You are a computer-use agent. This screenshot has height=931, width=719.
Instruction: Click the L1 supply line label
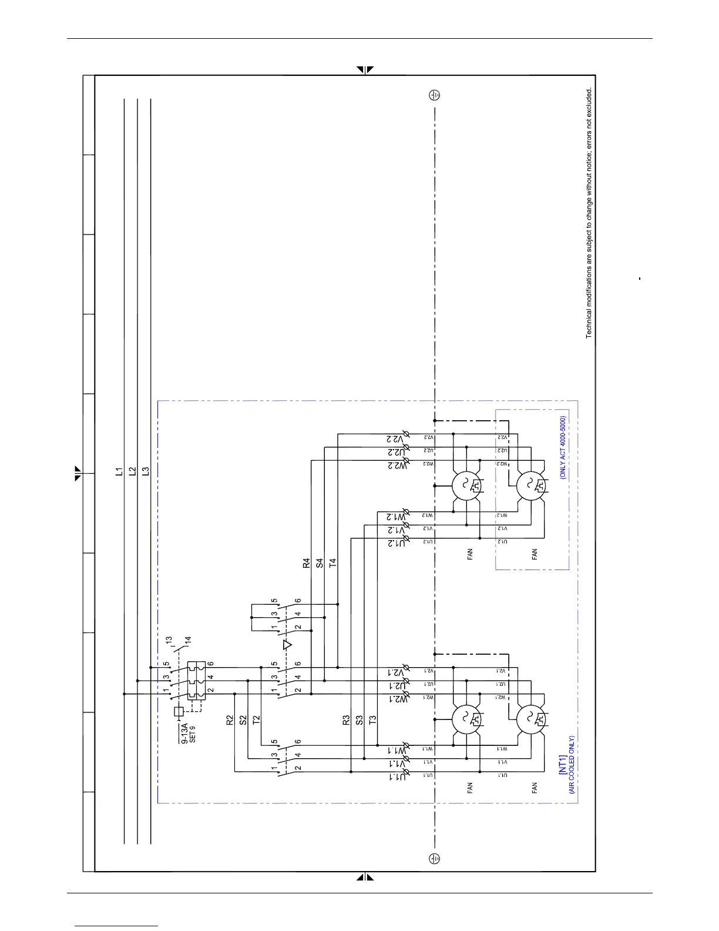pyautogui.click(x=119, y=471)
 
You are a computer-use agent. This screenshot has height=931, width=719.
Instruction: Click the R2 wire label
pyautogui.click(x=230, y=719)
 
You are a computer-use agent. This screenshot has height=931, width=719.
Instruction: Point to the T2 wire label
pyautogui.click(x=256, y=719)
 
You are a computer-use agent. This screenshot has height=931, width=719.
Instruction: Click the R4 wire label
pyautogui.click(x=306, y=563)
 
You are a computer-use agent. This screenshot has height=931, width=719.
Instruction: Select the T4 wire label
pyautogui.click(x=332, y=563)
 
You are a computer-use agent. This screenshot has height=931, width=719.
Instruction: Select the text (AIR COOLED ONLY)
pyautogui.click(x=571, y=765)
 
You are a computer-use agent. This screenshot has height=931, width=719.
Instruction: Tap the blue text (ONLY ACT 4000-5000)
pyautogui.click(x=562, y=448)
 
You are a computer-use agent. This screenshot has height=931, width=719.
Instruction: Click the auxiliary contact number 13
pyautogui.click(x=169, y=640)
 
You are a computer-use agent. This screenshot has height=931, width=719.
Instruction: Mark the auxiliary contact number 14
pyautogui.click(x=187, y=642)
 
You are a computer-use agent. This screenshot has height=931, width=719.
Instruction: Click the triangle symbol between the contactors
pyautogui.click(x=287, y=645)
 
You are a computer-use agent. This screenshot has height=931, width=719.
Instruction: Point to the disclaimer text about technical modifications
pyautogui.click(x=589, y=213)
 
